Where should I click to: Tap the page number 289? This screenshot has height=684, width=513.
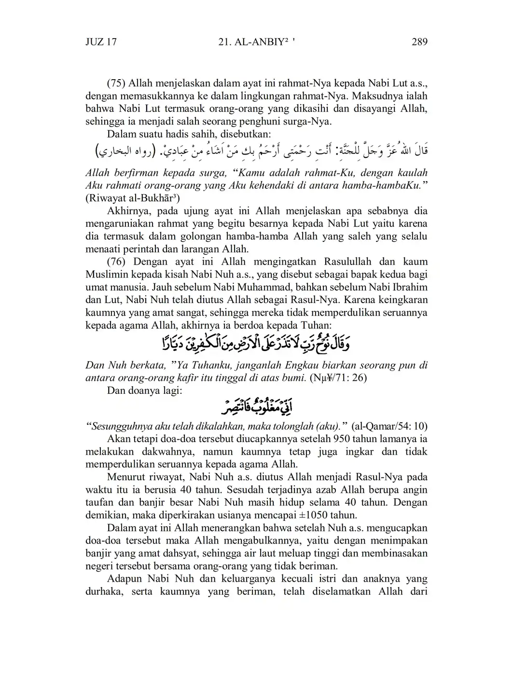(x=419, y=42)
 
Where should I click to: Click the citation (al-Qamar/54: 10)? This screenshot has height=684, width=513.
(x=389, y=426)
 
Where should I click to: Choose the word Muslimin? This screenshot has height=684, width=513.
(x=106, y=275)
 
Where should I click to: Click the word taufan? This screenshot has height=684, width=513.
(x=100, y=502)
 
